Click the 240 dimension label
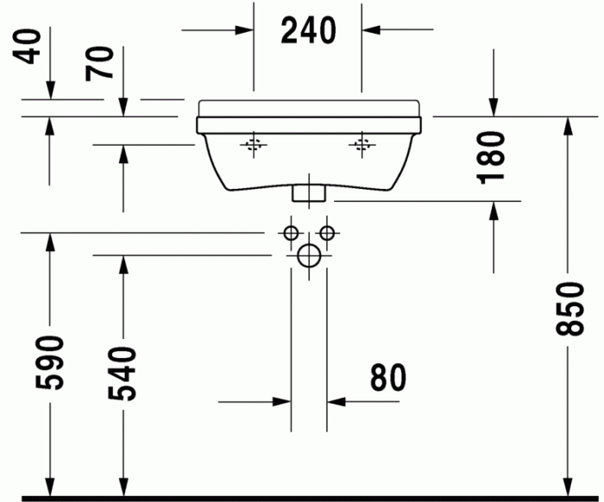click(x=307, y=30)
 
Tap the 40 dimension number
click(x=32, y=47)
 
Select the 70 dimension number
click(x=102, y=63)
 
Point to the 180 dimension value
click(x=493, y=156)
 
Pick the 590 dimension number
click(x=51, y=363)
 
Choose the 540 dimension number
click(x=124, y=373)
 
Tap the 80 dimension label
click(x=387, y=377)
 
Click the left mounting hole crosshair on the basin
click(x=253, y=144)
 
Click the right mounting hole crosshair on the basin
click(x=361, y=144)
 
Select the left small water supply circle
click(x=290, y=233)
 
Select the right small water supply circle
click(x=326, y=233)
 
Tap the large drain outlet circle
click(x=308, y=254)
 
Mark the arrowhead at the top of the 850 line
click(x=567, y=126)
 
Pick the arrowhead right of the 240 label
click(x=372, y=30)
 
